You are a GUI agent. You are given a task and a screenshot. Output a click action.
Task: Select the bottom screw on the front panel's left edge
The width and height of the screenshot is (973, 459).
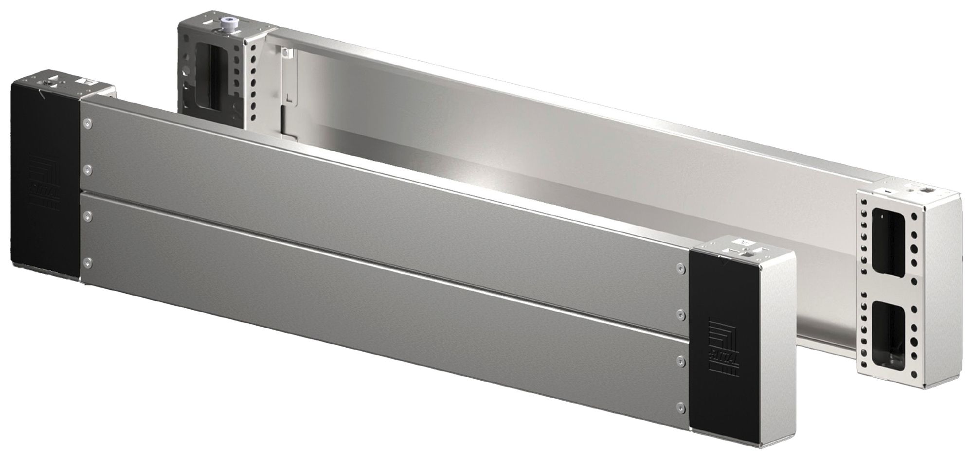click(x=87, y=264)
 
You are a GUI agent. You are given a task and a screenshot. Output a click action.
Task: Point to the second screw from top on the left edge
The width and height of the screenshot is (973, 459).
click(x=87, y=170)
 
